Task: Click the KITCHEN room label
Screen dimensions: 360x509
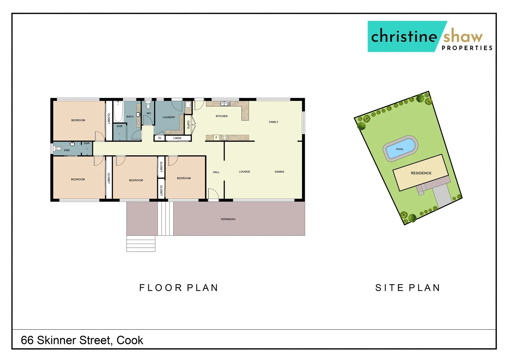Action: point(222,116)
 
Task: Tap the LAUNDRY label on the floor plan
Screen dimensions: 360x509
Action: point(169,117)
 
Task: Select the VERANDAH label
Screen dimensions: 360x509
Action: point(228,219)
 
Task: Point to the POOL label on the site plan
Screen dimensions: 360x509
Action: point(400,149)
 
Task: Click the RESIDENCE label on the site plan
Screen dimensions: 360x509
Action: point(421,173)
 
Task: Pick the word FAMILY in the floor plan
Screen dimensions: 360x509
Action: point(273,122)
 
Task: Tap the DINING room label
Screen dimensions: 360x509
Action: point(279,172)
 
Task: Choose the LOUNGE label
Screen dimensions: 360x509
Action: point(244,172)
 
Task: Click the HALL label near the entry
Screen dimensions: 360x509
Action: point(216,172)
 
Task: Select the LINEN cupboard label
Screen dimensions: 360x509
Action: point(177,138)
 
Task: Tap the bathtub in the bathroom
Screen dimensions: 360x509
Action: point(118,112)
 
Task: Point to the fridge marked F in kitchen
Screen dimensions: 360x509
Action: point(216,137)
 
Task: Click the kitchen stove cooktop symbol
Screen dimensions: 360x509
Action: point(225,137)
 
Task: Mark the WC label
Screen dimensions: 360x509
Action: point(149,113)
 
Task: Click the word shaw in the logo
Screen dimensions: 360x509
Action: point(463,36)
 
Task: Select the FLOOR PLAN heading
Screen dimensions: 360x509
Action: point(179,288)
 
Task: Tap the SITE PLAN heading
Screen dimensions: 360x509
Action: point(408,288)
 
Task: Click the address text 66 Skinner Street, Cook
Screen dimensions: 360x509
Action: point(82,340)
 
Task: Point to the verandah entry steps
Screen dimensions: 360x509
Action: point(141,244)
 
